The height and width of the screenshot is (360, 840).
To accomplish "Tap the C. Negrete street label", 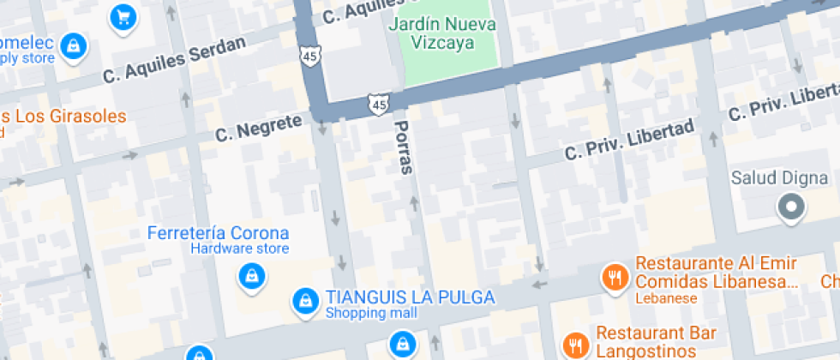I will pyautogui.click(x=259, y=129).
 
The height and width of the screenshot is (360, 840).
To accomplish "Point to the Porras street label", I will pyautogui.click(x=403, y=147).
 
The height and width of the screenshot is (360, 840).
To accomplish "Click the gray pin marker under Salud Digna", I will pyautogui.click(x=790, y=207).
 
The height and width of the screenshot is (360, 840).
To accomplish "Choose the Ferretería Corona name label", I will pyautogui.click(x=218, y=233).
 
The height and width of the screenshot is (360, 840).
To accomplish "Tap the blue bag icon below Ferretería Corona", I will pyautogui.click(x=250, y=276).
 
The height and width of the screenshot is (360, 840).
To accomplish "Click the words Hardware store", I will pyautogui.click(x=239, y=249).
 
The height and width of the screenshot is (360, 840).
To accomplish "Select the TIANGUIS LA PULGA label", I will pyautogui.click(x=410, y=297).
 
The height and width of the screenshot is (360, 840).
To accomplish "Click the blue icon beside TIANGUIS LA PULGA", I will pyautogui.click(x=303, y=300).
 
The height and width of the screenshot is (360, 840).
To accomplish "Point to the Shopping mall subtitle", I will pyautogui.click(x=370, y=314).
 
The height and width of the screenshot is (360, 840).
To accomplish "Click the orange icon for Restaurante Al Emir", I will pyautogui.click(x=614, y=277).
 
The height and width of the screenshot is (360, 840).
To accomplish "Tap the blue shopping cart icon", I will pyautogui.click(x=123, y=16).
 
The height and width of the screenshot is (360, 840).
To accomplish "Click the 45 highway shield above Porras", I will pyautogui.click(x=377, y=105).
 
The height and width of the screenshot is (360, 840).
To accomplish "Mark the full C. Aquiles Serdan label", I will pyautogui.click(x=175, y=59).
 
